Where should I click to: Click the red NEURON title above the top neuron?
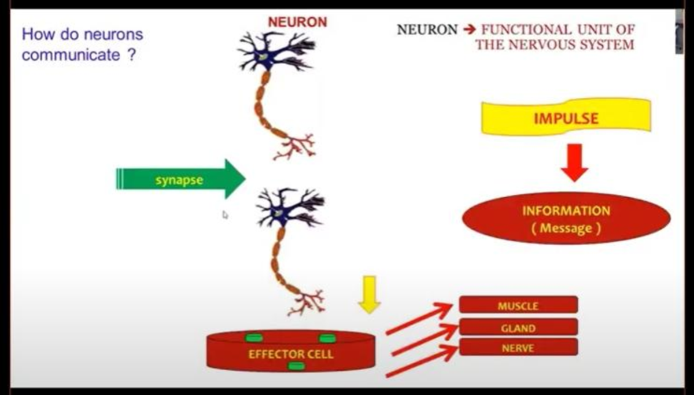point(297,22)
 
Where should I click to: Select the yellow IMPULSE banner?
point(566,117)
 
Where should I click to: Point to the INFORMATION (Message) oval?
point(566,219)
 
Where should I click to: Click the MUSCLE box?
point(518,305)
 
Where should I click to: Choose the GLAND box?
point(518,327)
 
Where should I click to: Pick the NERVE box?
point(518,348)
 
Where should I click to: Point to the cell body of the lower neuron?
point(280,212)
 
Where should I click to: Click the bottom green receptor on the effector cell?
point(296,366)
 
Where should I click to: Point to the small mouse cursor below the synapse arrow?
point(225,215)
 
